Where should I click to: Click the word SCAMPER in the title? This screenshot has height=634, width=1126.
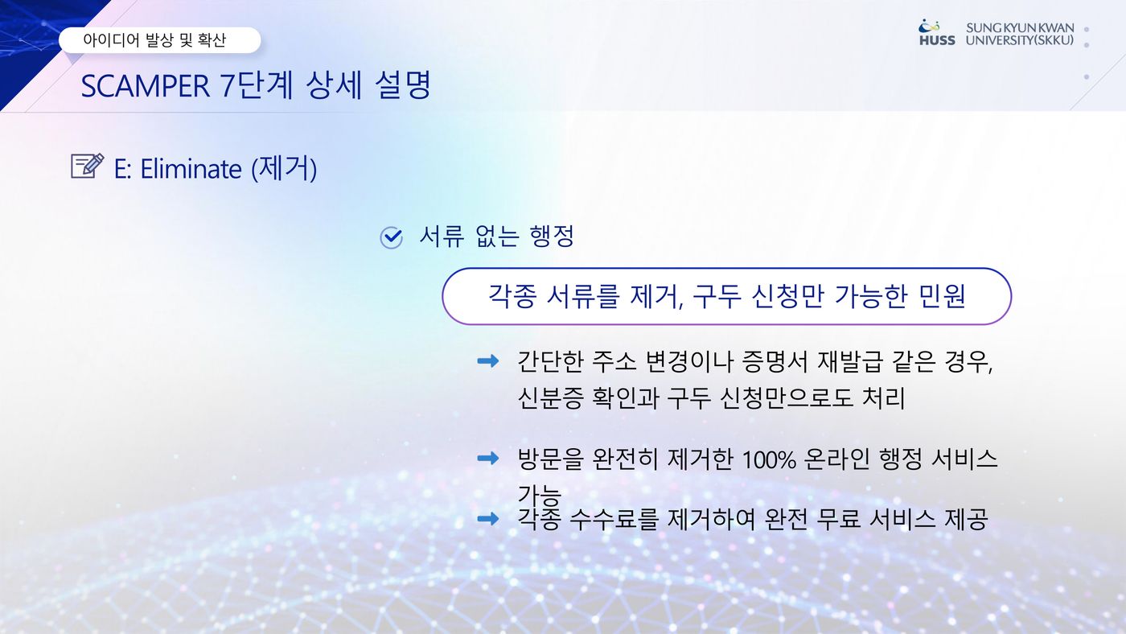point(146,86)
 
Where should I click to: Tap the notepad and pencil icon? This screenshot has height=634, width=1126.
point(88,166)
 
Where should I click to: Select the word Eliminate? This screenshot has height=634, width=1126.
point(191,168)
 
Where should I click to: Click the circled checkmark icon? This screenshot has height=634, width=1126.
point(391,237)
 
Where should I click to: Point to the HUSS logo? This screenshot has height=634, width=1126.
point(937,33)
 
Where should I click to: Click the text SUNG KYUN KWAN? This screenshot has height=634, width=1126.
point(1020,27)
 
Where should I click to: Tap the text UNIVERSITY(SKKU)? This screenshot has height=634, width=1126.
point(1020,40)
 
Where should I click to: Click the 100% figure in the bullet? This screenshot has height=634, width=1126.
point(769,459)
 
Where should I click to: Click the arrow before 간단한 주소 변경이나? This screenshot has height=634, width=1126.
point(487,360)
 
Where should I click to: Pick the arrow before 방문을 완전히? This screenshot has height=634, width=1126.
point(487,458)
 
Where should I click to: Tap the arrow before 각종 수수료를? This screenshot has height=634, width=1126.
point(487,518)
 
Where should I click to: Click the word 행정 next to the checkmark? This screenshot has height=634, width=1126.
point(552,237)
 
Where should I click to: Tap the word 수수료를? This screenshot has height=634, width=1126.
point(613,520)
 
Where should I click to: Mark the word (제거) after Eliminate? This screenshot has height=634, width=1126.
point(284,168)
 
